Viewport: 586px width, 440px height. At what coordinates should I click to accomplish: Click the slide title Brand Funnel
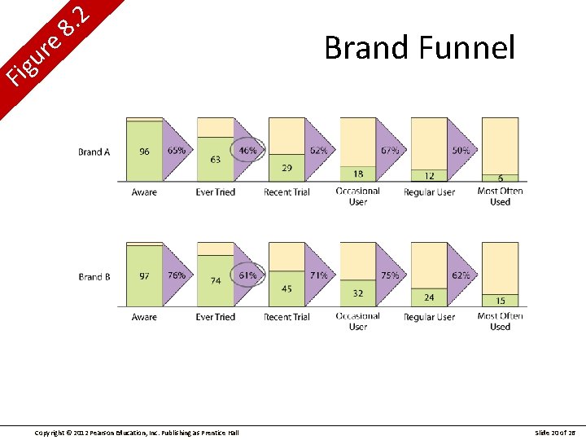[x=419, y=48]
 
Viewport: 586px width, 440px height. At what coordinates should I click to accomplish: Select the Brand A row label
[x=94, y=152]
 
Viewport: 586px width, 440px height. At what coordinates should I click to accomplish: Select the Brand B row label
[x=94, y=277]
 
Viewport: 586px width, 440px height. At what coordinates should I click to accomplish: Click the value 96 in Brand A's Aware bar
[x=144, y=152]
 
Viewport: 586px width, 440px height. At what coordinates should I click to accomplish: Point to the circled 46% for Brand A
[x=247, y=151]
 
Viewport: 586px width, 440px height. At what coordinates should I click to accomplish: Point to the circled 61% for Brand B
[x=247, y=275]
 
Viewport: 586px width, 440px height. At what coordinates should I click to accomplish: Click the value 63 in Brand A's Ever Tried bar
[x=215, y=160]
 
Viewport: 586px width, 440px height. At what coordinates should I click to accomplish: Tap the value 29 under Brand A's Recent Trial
[x=286, y=168]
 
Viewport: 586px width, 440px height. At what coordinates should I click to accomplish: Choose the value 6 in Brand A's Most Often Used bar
[x=500, y=178]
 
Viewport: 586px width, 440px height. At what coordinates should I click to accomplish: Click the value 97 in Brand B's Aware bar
[x=144, y=276]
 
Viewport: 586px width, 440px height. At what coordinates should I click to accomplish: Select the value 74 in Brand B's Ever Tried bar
[x=215, y=280]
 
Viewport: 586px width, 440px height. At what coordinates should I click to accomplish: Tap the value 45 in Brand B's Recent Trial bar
[x=286, y=288]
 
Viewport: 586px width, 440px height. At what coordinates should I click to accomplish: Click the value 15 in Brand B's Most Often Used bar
[x=500, y=301]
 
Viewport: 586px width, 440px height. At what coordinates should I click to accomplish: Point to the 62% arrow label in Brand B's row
[x=461, y=275]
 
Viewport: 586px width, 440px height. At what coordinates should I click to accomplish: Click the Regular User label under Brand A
[x=429, y=192]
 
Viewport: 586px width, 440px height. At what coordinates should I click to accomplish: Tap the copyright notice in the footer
[x=137, y=432]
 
